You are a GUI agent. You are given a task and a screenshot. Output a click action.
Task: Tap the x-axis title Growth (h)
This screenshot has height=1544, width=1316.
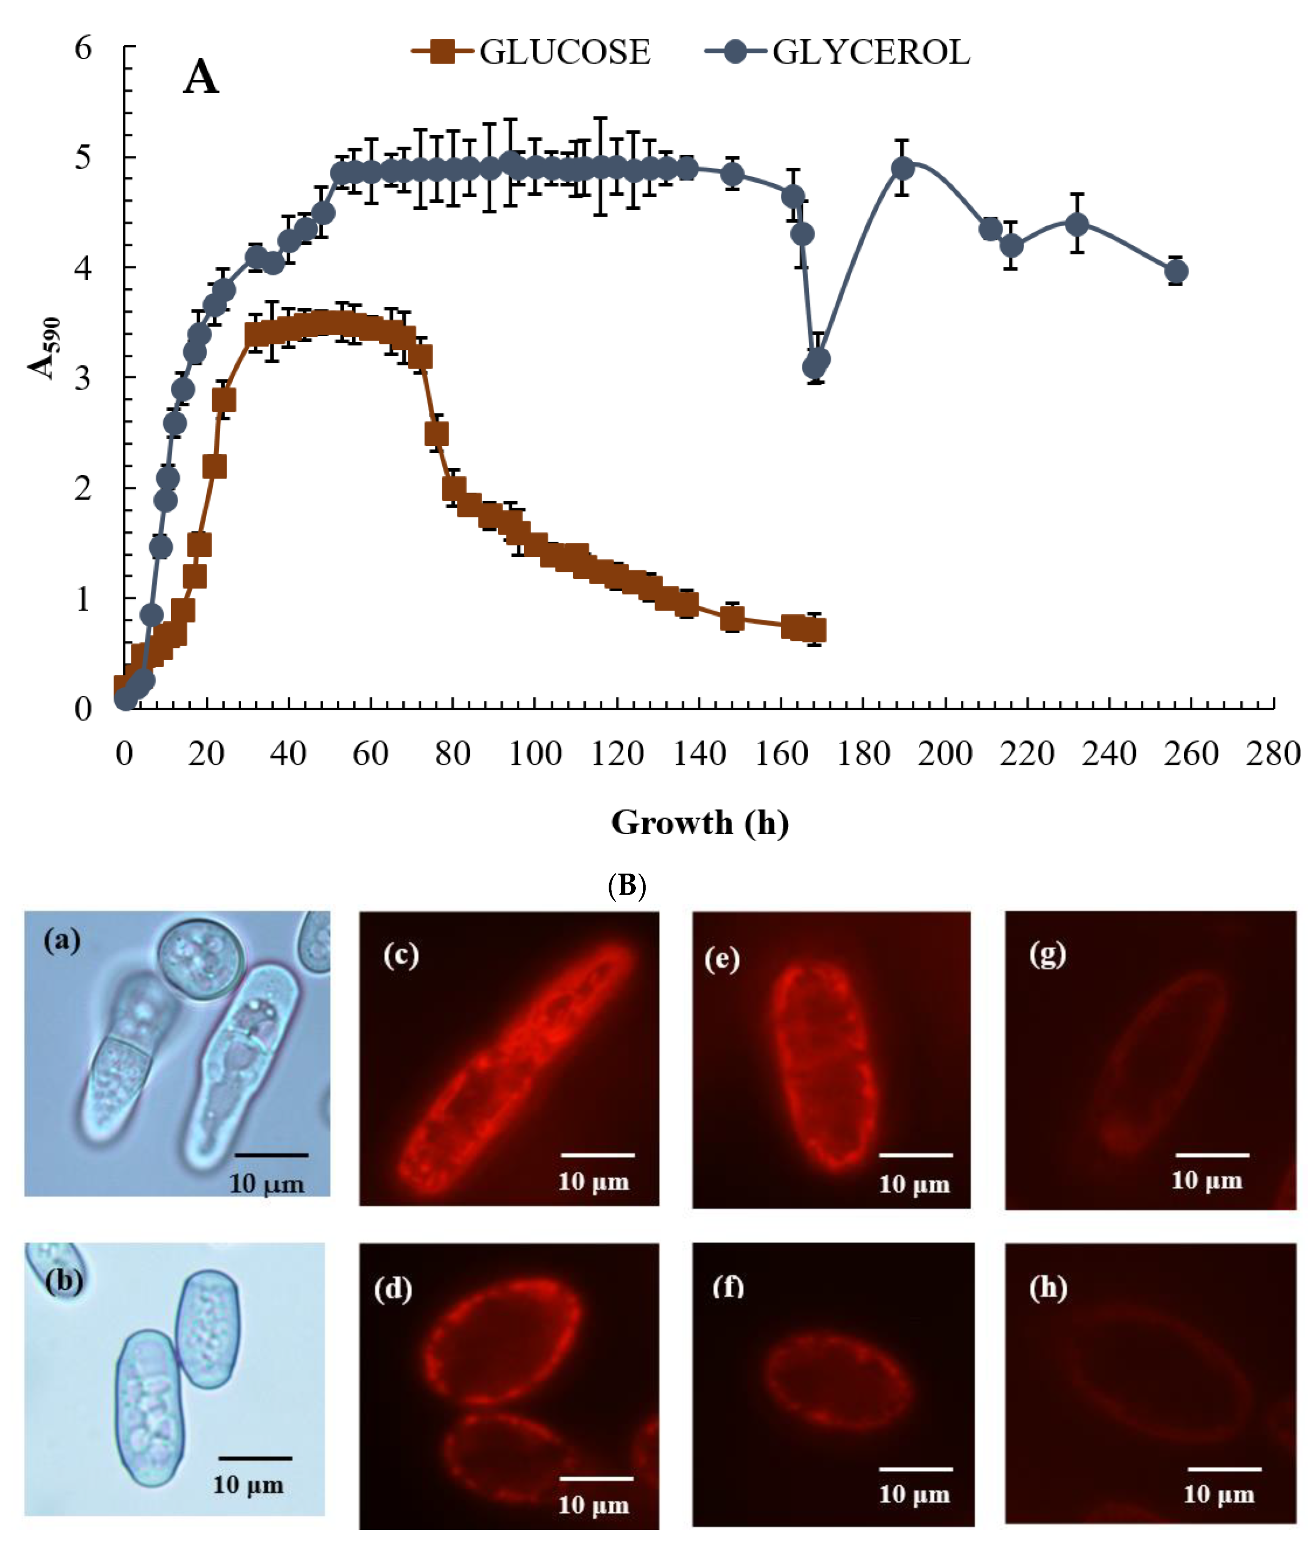(700, 822)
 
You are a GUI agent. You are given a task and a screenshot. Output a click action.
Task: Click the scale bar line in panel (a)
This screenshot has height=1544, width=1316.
(271, 1154)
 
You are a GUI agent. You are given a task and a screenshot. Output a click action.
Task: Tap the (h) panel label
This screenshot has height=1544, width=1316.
(1048, 1288)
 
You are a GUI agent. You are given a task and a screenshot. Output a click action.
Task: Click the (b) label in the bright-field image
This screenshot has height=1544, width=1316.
(63, 1280)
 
